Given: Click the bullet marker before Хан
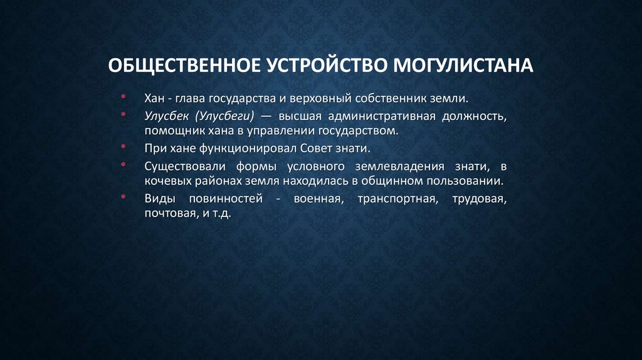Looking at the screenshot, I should point(125,98).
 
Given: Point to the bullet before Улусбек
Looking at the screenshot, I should point(125,115).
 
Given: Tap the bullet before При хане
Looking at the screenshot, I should point(125,149).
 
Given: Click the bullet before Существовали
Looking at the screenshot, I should point(125,166).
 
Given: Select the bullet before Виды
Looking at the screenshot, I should point(125,198).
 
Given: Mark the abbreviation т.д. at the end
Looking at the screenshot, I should point(220,214).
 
